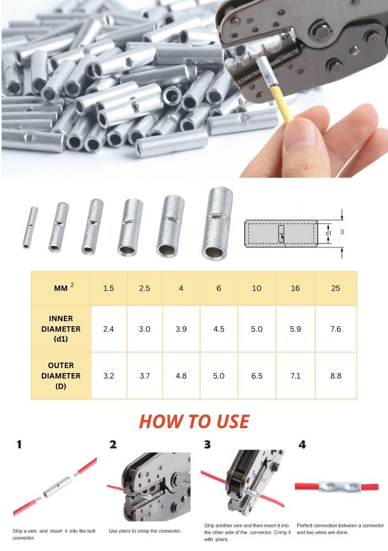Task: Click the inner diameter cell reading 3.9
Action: click(x=181, y=329)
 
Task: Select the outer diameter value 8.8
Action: click(x=335, y=376)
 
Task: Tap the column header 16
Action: click(x=296, y=288)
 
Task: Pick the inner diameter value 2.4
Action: click(x=108, y=329)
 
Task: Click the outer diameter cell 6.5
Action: click(x=256, y=376)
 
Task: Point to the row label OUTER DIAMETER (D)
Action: click(x=61, y=376)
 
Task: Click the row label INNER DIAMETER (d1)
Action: click(x=61, y=329)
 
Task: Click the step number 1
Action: click(x=19, y=445)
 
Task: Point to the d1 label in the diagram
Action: click(x=329, y=233)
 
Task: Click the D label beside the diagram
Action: click(x=342, y=233)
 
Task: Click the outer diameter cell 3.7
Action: click(x=144, y=376)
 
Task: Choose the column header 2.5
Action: click(x=144, y=288)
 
